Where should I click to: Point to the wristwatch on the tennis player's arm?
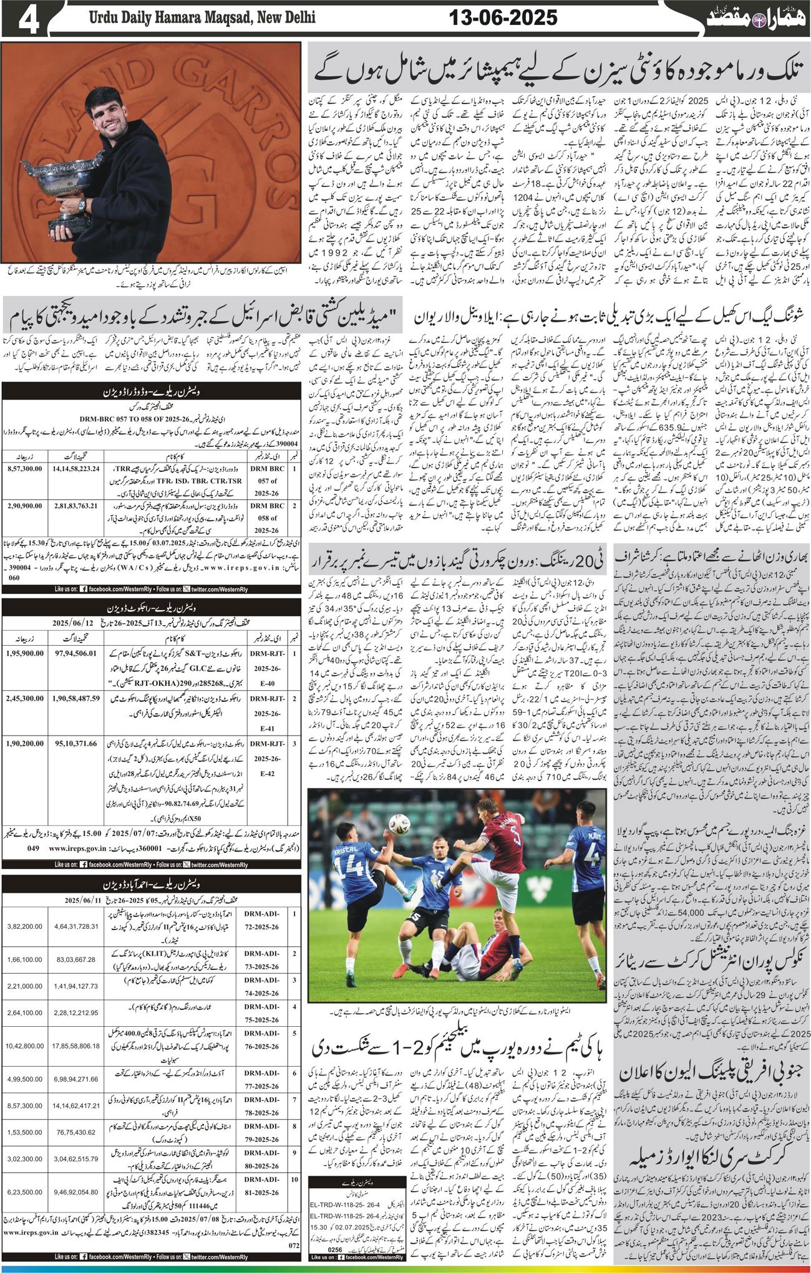coord(81,204)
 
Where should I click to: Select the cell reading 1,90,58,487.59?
coord(73,699)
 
